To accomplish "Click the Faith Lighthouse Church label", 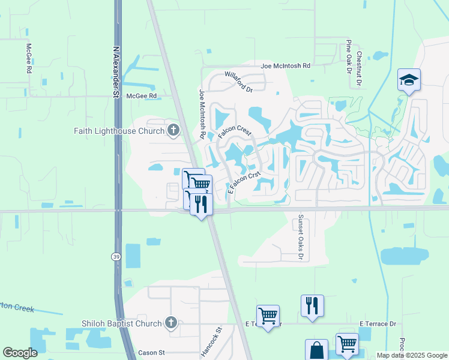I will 120,130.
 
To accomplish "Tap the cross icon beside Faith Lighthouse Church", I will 173,130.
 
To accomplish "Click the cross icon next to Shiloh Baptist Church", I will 170,323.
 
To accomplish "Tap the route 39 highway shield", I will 116,256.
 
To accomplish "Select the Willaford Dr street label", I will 239,80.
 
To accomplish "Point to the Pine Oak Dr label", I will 349,57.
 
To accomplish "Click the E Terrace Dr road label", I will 378,324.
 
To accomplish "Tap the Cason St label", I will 151,353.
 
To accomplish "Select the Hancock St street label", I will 211,342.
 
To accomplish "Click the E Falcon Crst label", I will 244,183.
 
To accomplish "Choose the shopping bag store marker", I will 316,350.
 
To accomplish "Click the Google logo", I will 20,353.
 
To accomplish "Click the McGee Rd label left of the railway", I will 141,95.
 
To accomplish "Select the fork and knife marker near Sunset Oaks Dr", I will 312,305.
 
